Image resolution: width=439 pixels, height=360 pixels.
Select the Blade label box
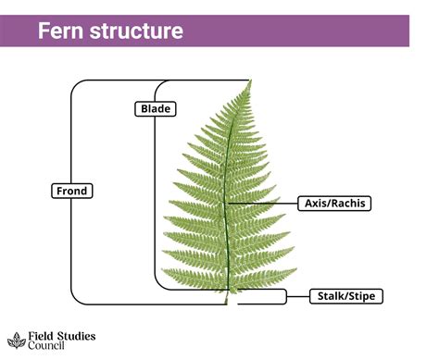[x=150, y=109]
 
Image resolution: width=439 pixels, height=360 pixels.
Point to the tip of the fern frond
[x=250, y=81]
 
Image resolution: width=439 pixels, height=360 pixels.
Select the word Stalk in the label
[x=330, y=296]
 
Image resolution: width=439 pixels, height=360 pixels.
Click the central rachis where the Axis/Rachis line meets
[x=226, y=203]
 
